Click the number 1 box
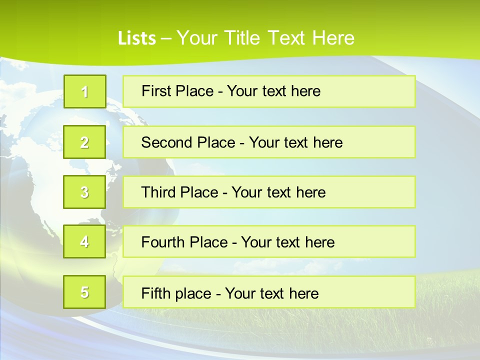tap(85, 91)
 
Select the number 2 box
tap(84, 142)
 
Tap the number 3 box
tap(84, 192)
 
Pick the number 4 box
tap(84, 241)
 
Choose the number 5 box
tap(84, 292)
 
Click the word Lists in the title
tap(137, 38)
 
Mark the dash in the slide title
tap(166, 38)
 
